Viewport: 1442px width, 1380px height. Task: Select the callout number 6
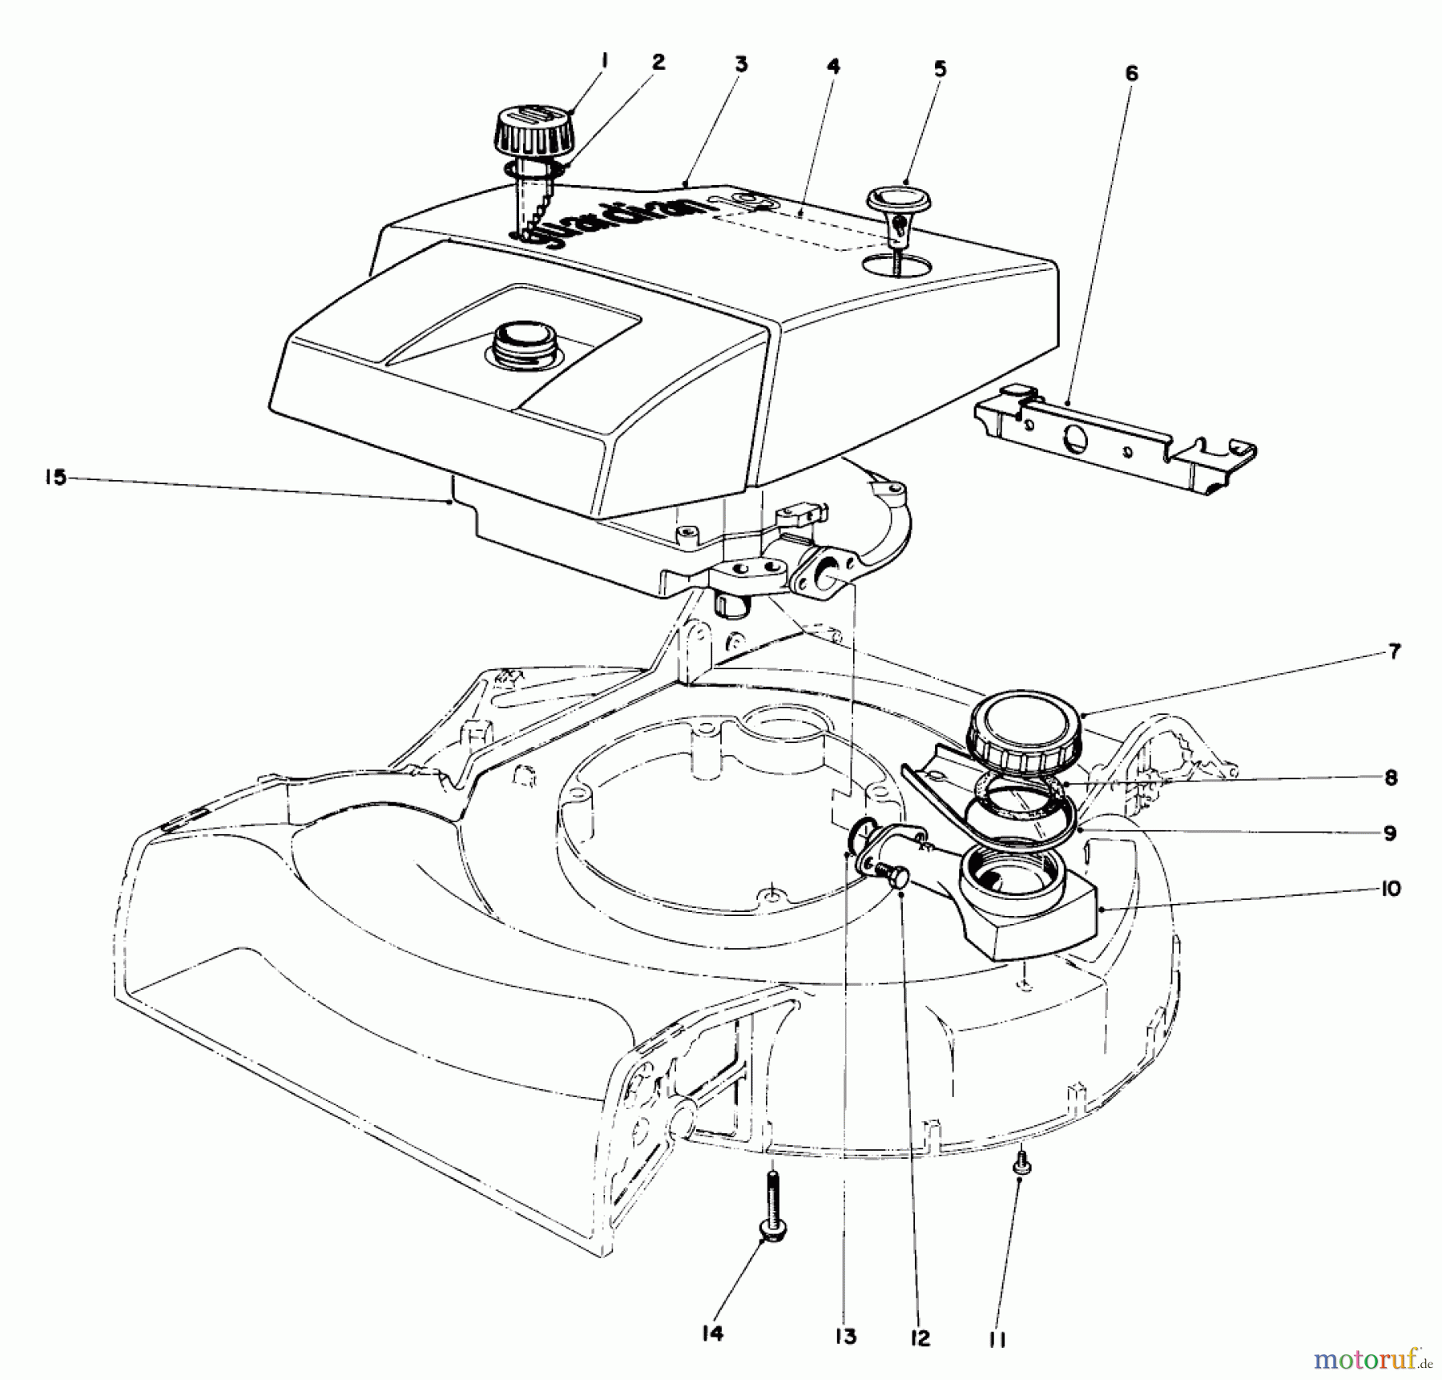(x=1130, y=74)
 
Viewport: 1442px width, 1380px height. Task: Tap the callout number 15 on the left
(x=55, y=479)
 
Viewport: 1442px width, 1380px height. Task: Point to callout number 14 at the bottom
(x=711, y=1333)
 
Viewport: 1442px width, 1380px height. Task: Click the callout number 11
(x=997, y=1340)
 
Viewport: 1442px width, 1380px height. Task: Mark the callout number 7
(x=1394, y=652)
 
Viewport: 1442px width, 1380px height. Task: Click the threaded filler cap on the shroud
(x=521, y=345)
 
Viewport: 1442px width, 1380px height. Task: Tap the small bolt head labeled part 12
(x=896, y=878)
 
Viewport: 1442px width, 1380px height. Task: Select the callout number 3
(x=740, y=64)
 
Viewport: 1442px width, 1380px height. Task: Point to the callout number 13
(x=845, y=1336)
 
